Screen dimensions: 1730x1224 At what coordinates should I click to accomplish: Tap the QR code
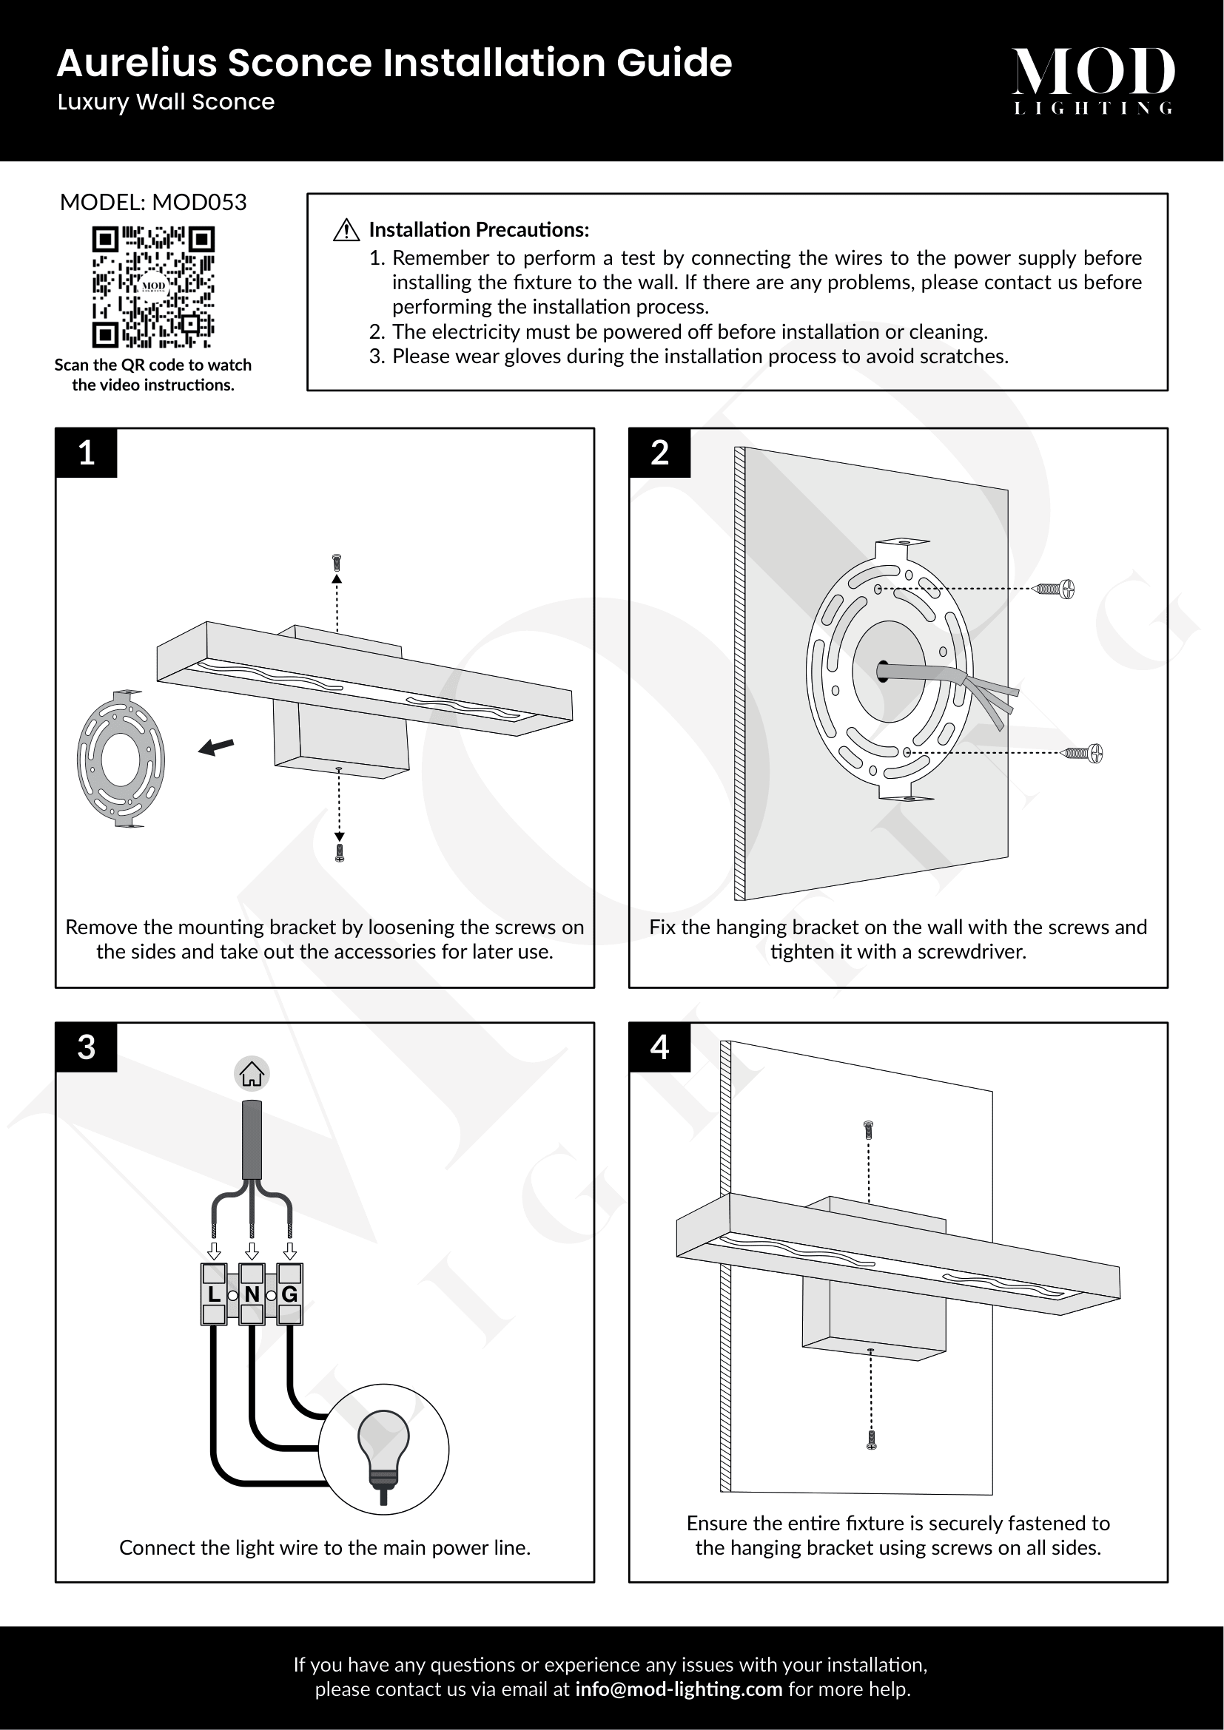coord(153,287)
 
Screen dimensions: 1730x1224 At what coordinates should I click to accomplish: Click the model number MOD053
coord(199,202)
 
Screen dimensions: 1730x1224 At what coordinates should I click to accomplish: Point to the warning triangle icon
coord(346,230)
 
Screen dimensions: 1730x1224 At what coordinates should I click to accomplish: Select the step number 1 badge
coord(87,453)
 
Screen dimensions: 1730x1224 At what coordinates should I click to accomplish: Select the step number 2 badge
coord(659,453)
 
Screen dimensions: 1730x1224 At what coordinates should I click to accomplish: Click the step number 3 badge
coord(87,1047)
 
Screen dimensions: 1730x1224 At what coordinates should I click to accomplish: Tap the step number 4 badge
coord(659,1047)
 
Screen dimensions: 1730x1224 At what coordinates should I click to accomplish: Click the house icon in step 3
coord(252,1074)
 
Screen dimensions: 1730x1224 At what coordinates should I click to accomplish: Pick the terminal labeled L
coord(214,1294)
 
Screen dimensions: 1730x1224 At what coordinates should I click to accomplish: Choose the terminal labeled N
coord(252,1294)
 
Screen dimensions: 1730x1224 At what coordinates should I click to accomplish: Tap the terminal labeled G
coord(289,1294)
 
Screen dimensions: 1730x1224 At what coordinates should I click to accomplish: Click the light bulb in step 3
coord(383,1447)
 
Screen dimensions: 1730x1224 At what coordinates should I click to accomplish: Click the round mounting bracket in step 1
coord(121,759)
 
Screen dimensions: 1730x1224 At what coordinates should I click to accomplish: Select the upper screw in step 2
coord(1056,589)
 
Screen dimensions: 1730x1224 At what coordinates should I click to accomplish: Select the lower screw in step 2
coord(1084,753)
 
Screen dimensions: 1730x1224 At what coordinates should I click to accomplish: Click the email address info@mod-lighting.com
coord(679,1689)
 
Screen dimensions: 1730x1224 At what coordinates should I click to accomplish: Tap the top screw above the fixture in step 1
coord(337,562)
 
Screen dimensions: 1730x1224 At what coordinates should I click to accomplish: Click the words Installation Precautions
coord(479,230)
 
